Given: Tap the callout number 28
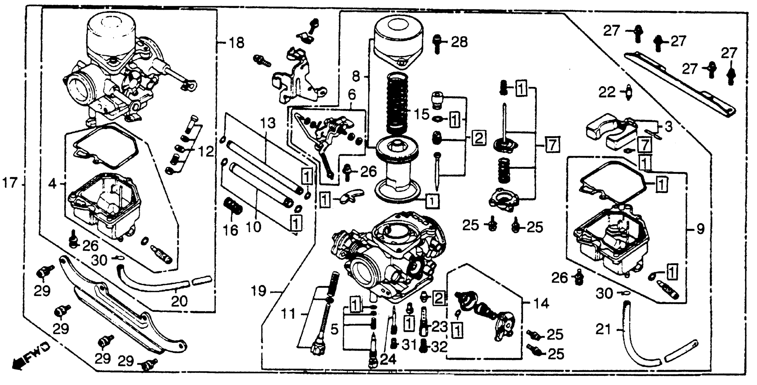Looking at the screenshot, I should click(x=459, y=42).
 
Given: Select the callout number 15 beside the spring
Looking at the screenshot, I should click(x=421, y=114).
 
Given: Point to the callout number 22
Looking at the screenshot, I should click(x=607, y=93).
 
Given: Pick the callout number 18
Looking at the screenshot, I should click(x=237, y=43).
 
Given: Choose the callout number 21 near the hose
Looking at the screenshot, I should click(x=603, y=330).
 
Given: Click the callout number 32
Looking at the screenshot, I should click(x=439, y=347).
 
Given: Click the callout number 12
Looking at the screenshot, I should click(x=206, y=152).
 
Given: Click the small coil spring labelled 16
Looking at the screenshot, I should click(x=233, y=206).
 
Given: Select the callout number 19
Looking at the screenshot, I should click(x=259, y=291).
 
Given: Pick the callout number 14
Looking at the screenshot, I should click(x=541, y=303).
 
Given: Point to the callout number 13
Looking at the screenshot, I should click(x=268, y=123).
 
